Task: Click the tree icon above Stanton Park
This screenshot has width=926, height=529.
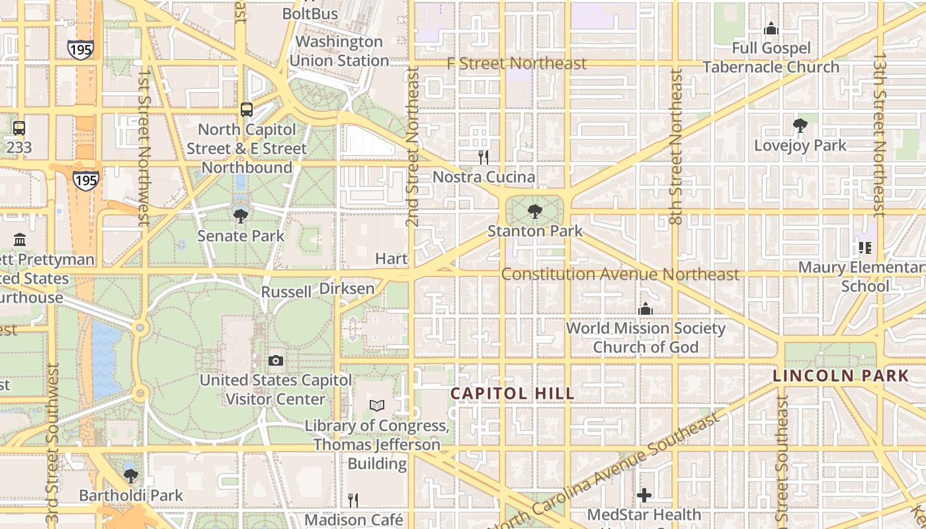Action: click(535, 212)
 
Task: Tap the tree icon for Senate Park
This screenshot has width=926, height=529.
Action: click(241, 215)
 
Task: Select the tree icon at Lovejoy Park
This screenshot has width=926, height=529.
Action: click(800, 125)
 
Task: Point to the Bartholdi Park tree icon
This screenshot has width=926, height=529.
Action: click(131, 475)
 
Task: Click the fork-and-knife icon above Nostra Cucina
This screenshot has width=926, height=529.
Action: click(484, 157)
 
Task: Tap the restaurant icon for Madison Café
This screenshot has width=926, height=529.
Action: click(353, 500)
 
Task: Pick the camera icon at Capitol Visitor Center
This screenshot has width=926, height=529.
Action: click(276, 360)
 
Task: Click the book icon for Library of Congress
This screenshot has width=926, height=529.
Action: click(376, 405)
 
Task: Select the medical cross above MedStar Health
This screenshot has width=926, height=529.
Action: click(644, 495)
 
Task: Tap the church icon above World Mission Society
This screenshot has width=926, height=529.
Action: click(645, 308)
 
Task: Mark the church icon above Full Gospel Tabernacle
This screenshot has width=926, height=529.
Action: click(771, 28)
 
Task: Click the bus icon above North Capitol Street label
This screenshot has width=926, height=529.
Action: click(247, 110)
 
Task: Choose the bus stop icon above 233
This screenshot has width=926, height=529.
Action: click(19, 128)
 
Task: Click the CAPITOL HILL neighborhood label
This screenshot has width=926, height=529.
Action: click(513, 393)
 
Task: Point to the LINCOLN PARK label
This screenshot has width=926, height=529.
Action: click(841, 376)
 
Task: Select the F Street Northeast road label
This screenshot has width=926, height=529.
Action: click(517, 63)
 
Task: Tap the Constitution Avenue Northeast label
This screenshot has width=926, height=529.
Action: click(620, 274)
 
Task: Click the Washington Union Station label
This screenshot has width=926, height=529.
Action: click(339, 51)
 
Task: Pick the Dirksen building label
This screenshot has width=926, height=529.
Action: click(347, 289)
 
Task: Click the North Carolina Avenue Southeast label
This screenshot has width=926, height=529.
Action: click(603, 473)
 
